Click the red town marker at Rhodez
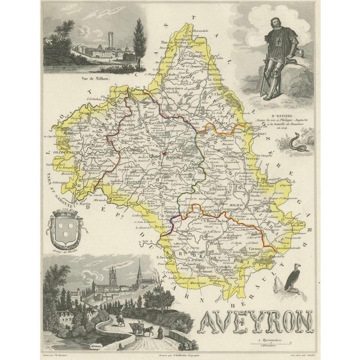point(163,154)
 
